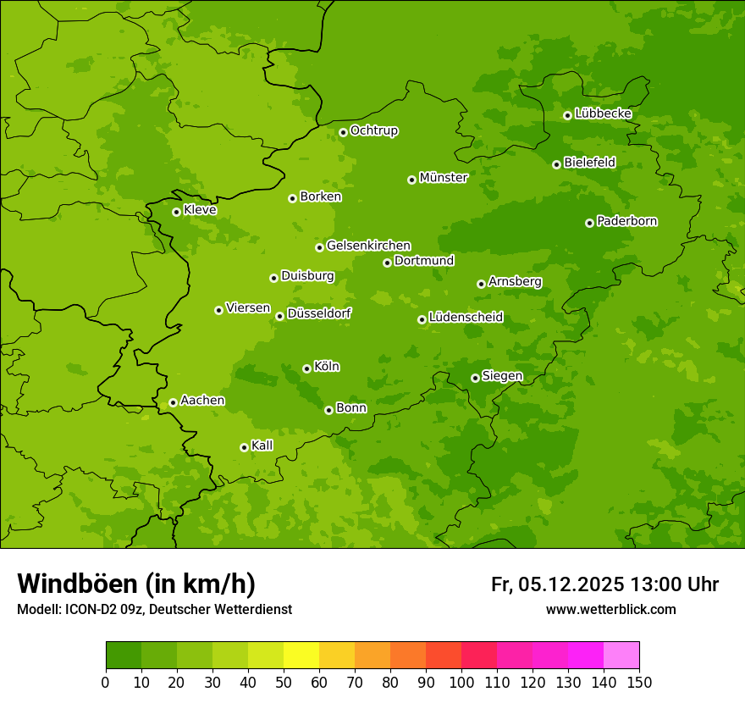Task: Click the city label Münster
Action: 444,178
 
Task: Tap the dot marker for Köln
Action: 306,368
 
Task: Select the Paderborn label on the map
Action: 627,221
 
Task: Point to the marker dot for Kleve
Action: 176,212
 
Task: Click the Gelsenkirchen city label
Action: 368,246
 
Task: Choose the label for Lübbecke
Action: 604,113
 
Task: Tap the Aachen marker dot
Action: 173,402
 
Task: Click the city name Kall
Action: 262,446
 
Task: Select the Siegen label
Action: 503,376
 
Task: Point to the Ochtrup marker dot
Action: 343,132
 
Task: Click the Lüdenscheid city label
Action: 466,318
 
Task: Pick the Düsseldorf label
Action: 319,313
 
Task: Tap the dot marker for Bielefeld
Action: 556,164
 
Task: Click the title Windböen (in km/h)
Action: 136,584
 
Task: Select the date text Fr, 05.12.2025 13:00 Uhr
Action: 604,584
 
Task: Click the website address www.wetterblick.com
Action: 610,609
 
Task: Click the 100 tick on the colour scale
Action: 461,682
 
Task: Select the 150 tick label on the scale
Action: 639,682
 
